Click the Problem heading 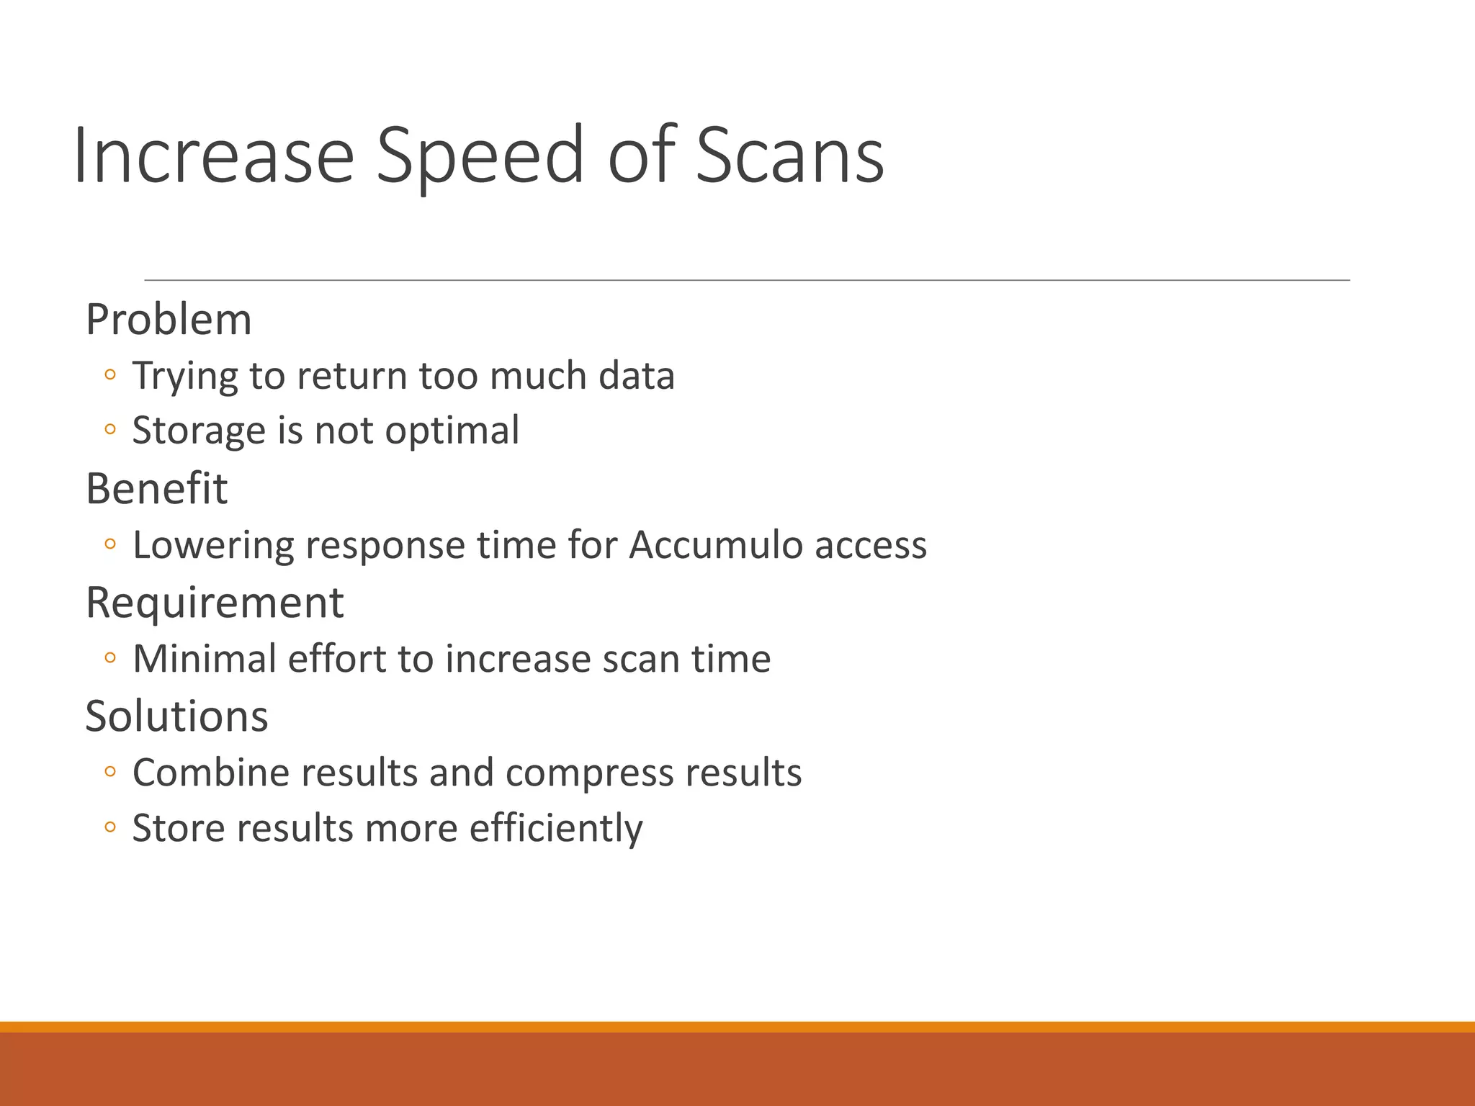pyautogui.click(x=169, y=319)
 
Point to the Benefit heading pyautogui.click(x=156, y=488)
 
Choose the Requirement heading pyautogui.click(x=215, y=602)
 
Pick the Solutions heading pyautogui.click(x=176, y=716)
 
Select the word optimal pyautogui.click(x=452, y=431)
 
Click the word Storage pyautogui.click(x=199, y=431)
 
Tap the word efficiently pyautogui.click(x=556, y=828)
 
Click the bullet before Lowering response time pyautogui.click(x=109, y=544)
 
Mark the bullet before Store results pyautogui.click(x=109, y=827)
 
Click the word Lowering pyautogui.click(x=213, y=544)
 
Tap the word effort pyautogui.click(x=336, y=658)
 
